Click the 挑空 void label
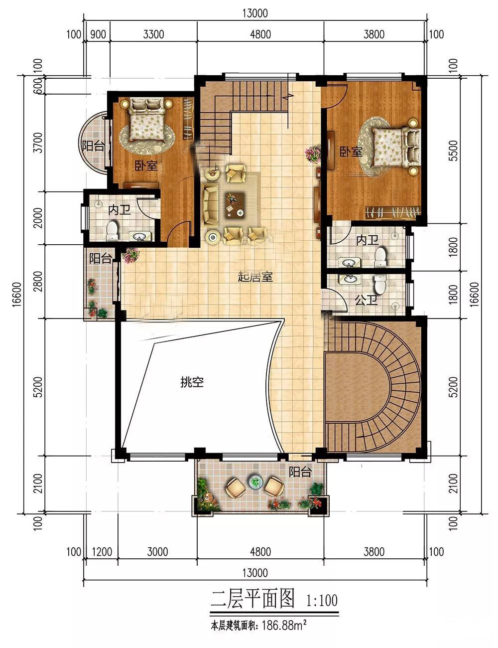pos(192,382)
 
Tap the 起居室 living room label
pos(255,277)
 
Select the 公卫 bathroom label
pos(367,300)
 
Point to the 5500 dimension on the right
pos(453,151)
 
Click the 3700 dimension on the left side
pos(38,143)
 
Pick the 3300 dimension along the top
pos(153,34)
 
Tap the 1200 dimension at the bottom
pos(102,552)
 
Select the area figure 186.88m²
pos(284,625)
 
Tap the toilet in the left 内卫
pos(112,230)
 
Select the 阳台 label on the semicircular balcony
pos(93,147)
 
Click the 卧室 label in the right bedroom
pos(351,152)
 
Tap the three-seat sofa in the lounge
pos(210,204)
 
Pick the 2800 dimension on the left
pos(38,281)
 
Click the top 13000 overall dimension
pos(255,13)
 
